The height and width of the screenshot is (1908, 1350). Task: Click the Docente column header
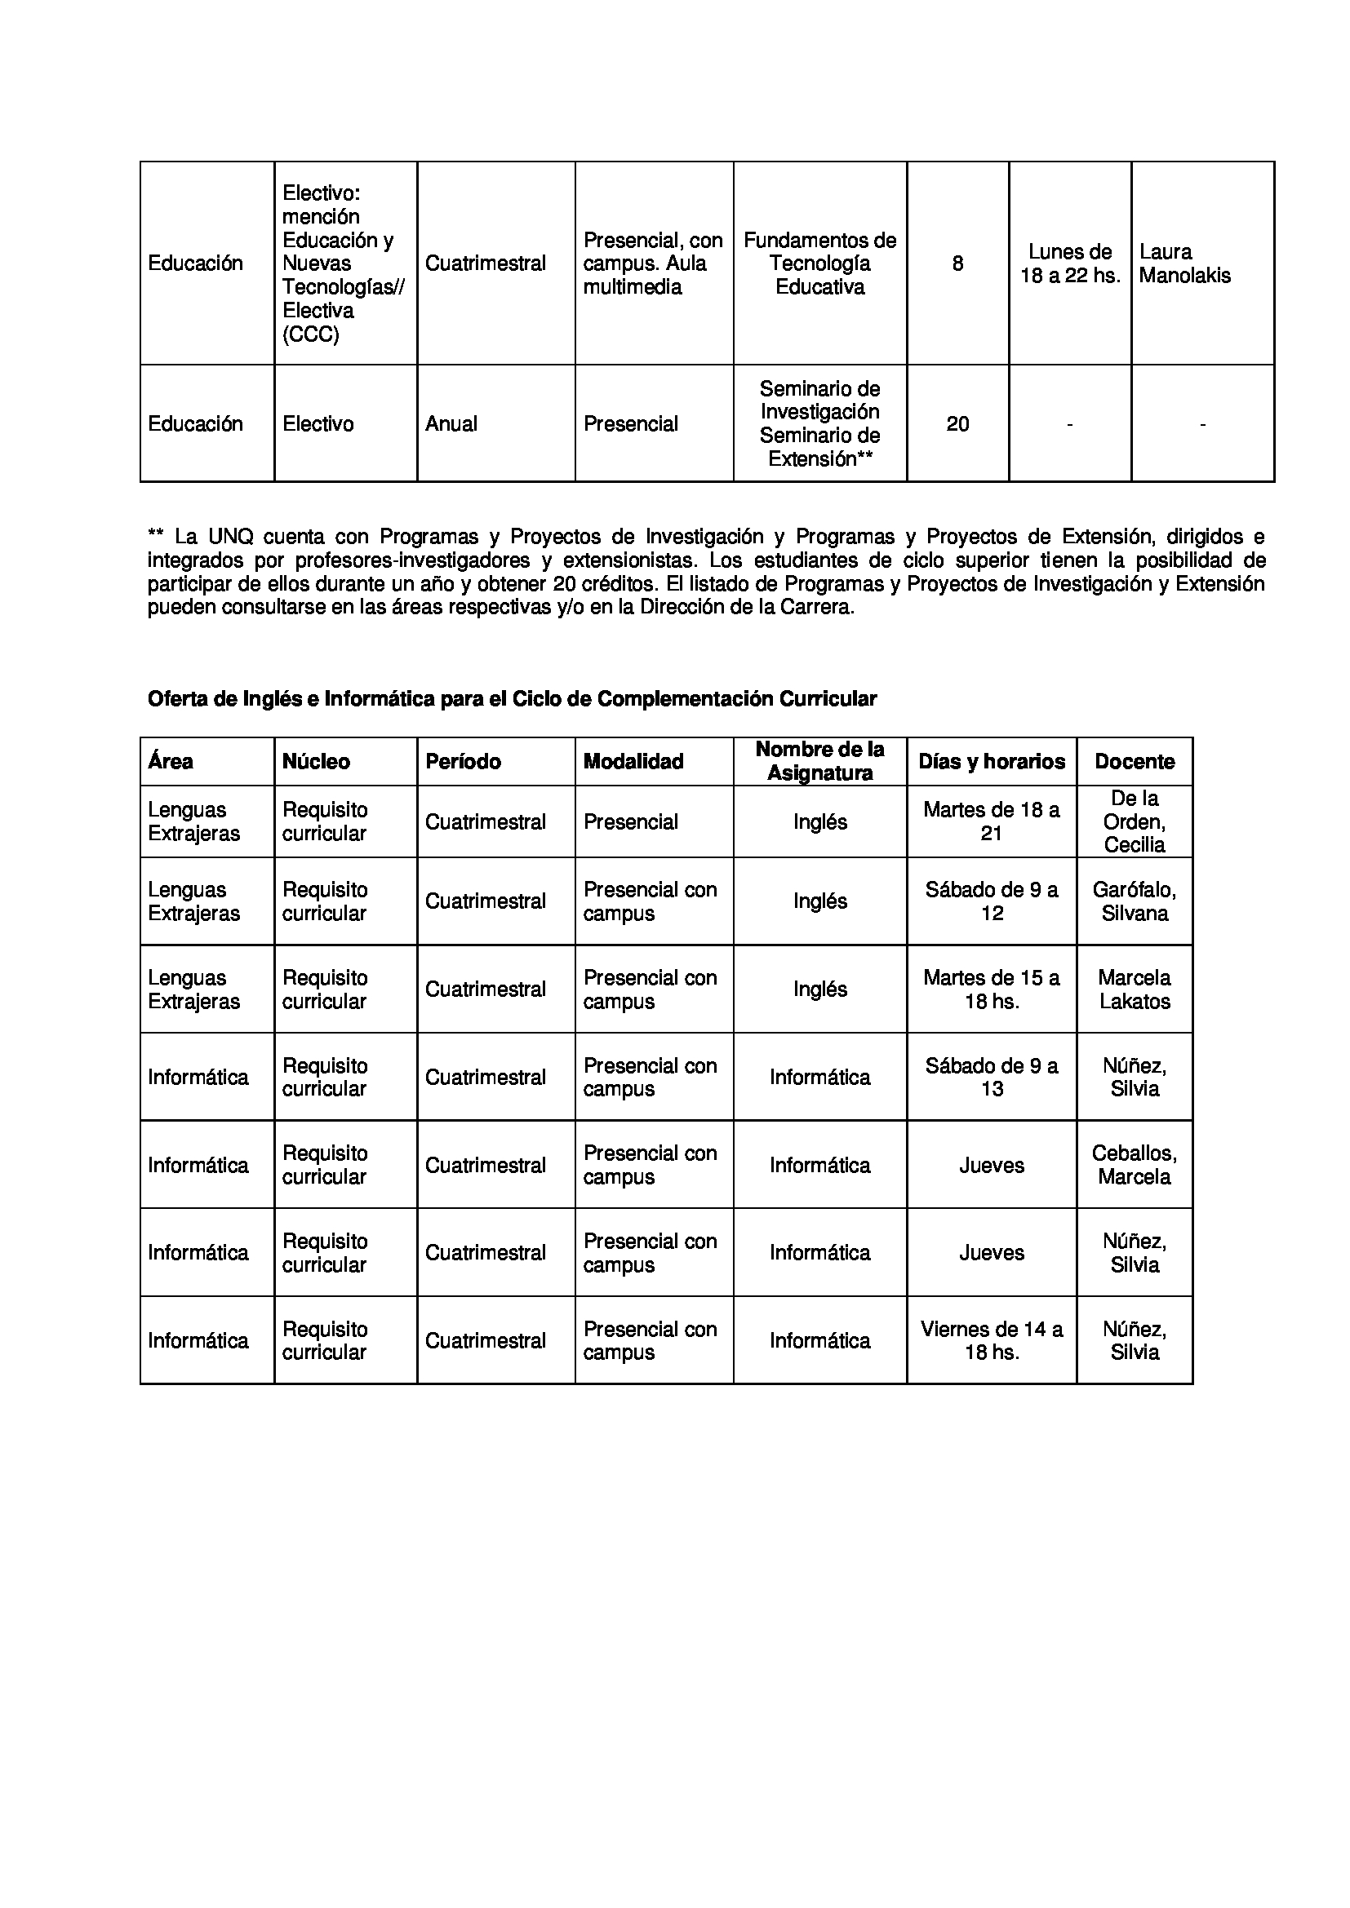(1134, 761)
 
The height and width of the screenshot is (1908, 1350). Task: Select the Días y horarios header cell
(991, 761)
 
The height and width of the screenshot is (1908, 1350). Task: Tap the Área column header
(171, 761)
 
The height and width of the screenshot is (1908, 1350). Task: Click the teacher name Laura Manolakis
(1183, 263)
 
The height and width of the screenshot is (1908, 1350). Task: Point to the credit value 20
(957, 424)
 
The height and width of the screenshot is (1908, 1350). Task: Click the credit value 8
(957, 263)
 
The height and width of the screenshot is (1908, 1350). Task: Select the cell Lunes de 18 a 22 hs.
(1070, 263)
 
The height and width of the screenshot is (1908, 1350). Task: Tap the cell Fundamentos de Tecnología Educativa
(819, 263)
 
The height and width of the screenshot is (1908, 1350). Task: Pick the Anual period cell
(451, 424)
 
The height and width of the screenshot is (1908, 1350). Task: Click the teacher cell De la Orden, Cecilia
(1134, 821)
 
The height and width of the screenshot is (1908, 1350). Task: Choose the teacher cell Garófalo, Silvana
(1134, 901)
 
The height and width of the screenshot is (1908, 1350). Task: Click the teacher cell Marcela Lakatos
(1134, 989)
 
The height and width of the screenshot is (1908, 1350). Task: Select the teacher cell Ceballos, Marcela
(1134, 1164)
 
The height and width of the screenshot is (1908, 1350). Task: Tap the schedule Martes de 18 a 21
(991, 821)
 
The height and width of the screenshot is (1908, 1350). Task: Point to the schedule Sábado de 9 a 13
(991, 1077)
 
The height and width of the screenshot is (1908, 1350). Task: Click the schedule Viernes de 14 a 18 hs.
(991, 1340)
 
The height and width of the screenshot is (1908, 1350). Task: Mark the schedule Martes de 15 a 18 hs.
(991, 989)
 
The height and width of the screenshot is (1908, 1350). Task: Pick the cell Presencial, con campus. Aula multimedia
(653, 263)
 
